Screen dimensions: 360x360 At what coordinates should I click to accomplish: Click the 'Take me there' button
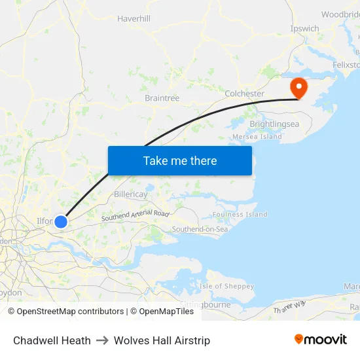click(180, 160)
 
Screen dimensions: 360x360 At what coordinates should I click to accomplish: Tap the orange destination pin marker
click(298, 88)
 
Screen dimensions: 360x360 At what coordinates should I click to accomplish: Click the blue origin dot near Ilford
click(61, 221)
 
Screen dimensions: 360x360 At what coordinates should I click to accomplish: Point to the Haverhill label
click(134, 19)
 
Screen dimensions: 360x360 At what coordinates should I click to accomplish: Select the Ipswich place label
click(305, 29)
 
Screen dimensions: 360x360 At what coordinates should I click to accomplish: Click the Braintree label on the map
click(162, 98)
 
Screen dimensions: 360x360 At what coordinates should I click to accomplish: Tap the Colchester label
click(244, 94)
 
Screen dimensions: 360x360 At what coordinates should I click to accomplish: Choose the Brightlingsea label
click(274, 123)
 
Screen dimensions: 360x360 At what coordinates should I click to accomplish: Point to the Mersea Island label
click(257, 137)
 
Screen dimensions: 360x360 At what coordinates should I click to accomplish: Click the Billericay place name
click(131, 194)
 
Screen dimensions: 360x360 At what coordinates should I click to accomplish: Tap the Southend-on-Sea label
click(200, 229)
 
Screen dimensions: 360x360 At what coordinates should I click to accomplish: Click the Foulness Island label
click(240, 214)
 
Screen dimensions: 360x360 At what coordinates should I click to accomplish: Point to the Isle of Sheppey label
click(226, 287)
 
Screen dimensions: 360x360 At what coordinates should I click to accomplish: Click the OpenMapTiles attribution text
click(166, 312)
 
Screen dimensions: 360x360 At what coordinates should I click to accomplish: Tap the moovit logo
click(321, 340)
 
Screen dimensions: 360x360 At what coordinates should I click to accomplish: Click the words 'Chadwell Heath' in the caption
click(52, 340)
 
